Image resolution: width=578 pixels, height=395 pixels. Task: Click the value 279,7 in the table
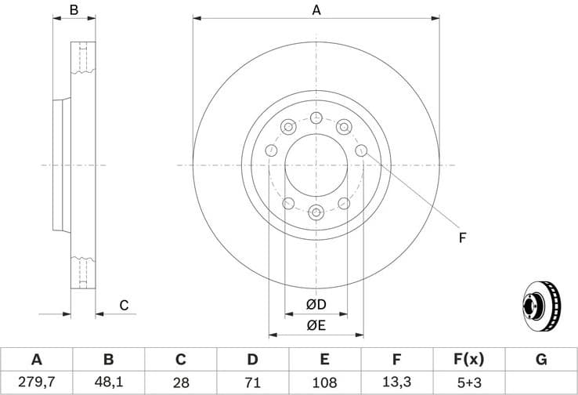tap(36, 383)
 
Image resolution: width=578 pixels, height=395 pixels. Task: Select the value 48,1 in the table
tap(108, 383)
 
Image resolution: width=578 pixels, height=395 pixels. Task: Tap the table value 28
tap(180, 383)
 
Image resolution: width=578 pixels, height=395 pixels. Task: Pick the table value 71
tap(252, 383)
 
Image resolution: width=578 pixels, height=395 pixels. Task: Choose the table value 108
tap(325, 383)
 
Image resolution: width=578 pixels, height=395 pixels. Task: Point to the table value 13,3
tap(397, 383)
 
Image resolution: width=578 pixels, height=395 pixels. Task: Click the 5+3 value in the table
tap(469, 383)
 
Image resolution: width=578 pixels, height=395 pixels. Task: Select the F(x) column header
tap(469, 360)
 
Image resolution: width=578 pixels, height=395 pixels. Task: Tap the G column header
tap(541, 360)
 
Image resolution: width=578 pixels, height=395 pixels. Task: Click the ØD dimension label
tap(316, 304)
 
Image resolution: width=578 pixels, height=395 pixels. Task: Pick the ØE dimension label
tap(316, 323)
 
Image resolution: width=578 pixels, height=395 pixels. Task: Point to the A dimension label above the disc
tap(316, 10)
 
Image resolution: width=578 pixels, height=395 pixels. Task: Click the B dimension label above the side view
tap(74, 10)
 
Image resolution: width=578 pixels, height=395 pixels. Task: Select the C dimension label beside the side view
tap(124, 305)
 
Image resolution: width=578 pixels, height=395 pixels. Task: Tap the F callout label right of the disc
tap(462, 237)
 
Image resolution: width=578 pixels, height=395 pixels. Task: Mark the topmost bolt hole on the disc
tap(316, 118)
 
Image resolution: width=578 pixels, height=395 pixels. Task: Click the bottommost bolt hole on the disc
tap(316, 212)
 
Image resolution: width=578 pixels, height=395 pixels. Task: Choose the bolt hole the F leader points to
tap(361, 150)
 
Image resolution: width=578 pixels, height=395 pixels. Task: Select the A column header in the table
tap(36, 360)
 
